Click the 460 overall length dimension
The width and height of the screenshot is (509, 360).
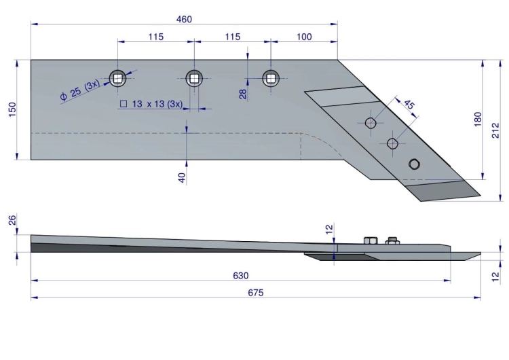[184, 20]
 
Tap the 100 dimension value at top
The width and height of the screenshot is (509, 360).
[304, 37]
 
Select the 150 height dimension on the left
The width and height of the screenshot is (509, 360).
[12, 109]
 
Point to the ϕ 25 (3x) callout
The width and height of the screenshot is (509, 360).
[80, 90]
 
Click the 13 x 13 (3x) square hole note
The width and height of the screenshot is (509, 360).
[151, 104]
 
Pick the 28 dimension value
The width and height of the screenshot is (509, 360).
[243, 94]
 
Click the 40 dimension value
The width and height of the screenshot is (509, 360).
[182, 178]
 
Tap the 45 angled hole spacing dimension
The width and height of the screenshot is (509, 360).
[409, 105]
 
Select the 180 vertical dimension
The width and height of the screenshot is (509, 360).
[478, 120]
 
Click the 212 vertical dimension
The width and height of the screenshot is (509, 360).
[495, 130]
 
